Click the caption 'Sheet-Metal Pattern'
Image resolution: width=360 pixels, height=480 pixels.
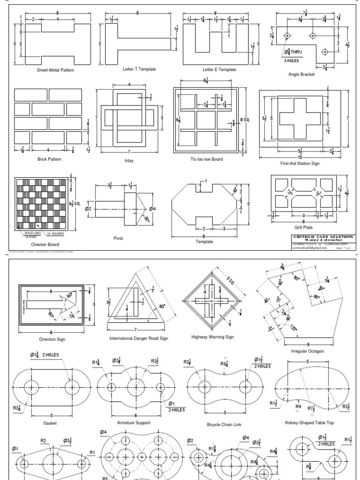coord(55,70)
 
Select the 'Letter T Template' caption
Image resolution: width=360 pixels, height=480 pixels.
coord(139,69)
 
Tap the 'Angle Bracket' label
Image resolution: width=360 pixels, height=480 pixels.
coord(301,74)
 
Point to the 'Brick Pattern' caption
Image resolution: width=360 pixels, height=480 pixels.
coord(49,159)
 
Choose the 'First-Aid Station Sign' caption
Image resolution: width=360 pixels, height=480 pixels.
coord(300,164)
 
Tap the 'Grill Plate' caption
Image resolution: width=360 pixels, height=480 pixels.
coord(303,227)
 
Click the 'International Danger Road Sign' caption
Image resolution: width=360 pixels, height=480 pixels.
coord(138,338)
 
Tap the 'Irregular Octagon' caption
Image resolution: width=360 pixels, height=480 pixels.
coord(307,351)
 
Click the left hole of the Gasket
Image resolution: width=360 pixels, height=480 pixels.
coord(33,387)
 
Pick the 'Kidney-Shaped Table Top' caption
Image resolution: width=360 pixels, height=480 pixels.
coord(309,423)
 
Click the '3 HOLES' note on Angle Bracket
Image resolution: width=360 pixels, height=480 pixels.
coord(291,60)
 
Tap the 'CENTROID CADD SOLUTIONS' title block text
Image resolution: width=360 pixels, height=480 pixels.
coord(321,238)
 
